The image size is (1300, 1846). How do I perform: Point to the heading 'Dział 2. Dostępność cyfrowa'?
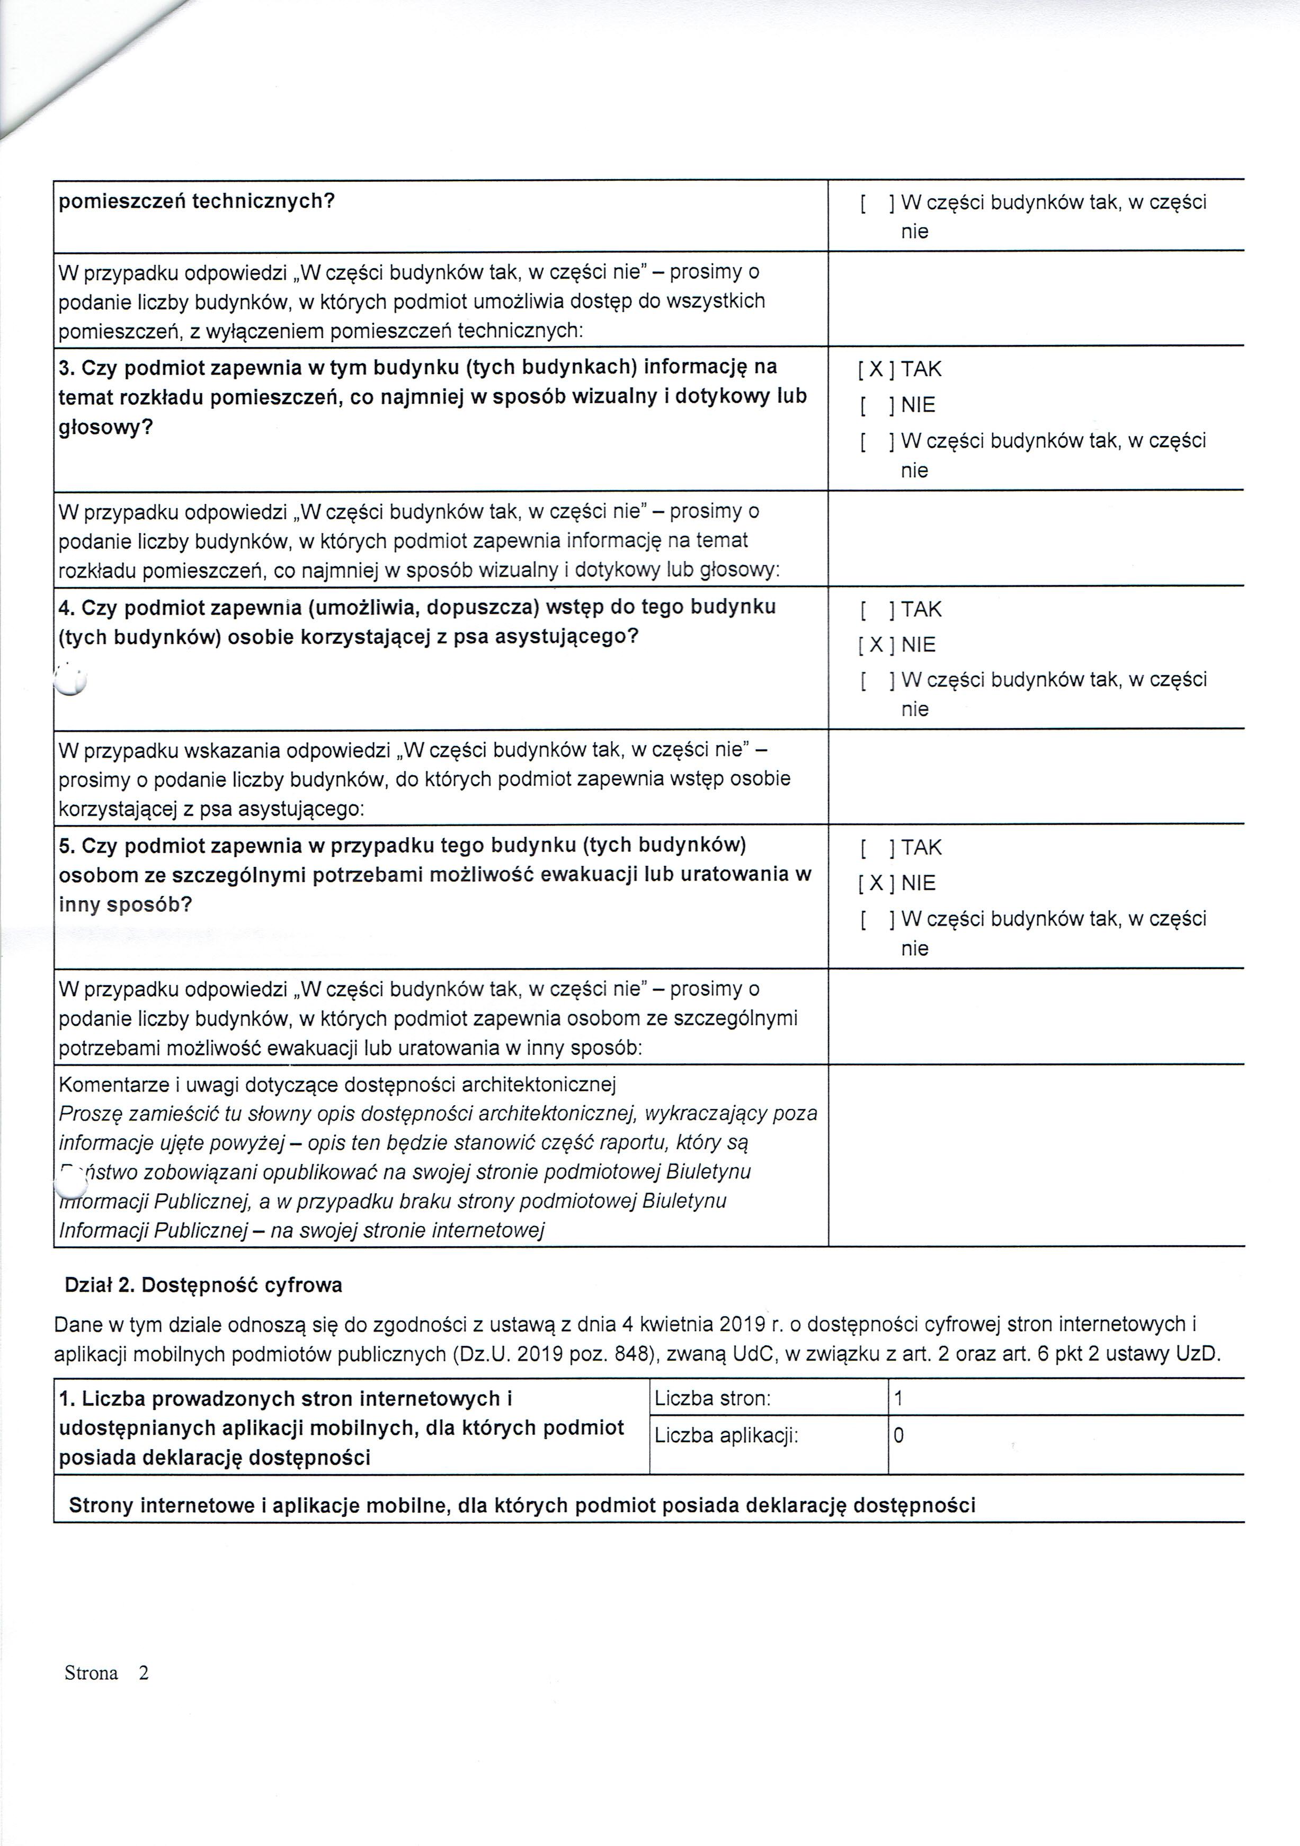203,1285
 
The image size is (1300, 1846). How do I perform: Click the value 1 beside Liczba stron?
898,1398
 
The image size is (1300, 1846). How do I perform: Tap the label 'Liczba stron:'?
713,1398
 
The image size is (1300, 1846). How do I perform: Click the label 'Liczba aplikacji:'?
726,1435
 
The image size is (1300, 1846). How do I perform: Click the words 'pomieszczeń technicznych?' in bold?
196,201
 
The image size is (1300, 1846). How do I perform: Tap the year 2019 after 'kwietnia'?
742,1324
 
